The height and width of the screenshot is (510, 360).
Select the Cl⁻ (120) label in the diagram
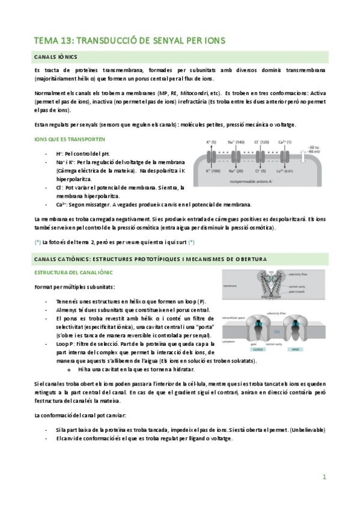262,143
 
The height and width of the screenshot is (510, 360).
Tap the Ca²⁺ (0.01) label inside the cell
286,171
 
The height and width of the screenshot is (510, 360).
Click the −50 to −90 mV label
315,150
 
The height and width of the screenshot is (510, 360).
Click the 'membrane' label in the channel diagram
230,286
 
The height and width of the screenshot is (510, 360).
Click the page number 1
324,477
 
